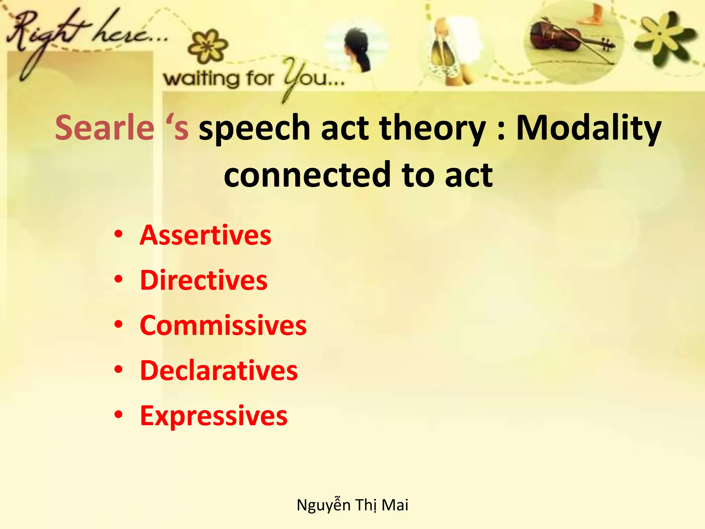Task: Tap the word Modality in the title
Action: coord(588,128)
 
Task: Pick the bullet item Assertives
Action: coord(205,235)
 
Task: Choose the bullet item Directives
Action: coord(203,280)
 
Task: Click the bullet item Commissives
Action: coord(223,325)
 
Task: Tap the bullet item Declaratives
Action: coord(219,371)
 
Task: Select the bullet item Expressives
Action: coord(213,416)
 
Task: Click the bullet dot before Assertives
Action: coord(118,235)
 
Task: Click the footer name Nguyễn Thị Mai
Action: coord(352,505)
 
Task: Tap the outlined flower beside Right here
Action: coord(208,46)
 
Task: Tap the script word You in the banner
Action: coord(310,77)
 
